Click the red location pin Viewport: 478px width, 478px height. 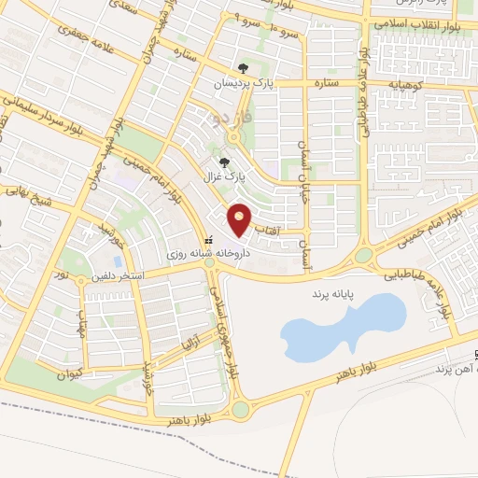(241, 219)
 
